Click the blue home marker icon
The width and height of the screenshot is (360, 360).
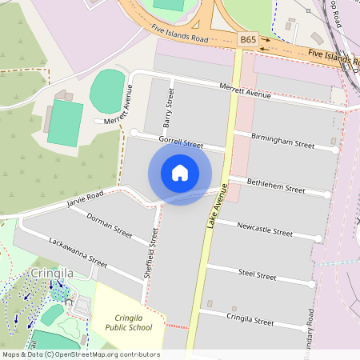coord(180,172)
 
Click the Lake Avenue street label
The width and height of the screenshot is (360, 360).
coord(212,207)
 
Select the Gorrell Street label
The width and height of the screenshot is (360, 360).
coord(181,143)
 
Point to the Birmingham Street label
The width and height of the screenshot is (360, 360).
coord(283,141)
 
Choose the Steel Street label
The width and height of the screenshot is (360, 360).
coord(258,274)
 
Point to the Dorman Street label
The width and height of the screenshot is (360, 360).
coord(110,225)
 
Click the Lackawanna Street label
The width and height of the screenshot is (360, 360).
coord(78,250)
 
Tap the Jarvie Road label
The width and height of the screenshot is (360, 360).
coord(86,199)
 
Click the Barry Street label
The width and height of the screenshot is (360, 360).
coord(169,108)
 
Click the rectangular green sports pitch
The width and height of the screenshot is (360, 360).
coord(65,122)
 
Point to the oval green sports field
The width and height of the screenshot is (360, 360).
coord(107,90)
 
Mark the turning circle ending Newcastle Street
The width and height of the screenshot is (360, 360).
coord(318,238)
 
